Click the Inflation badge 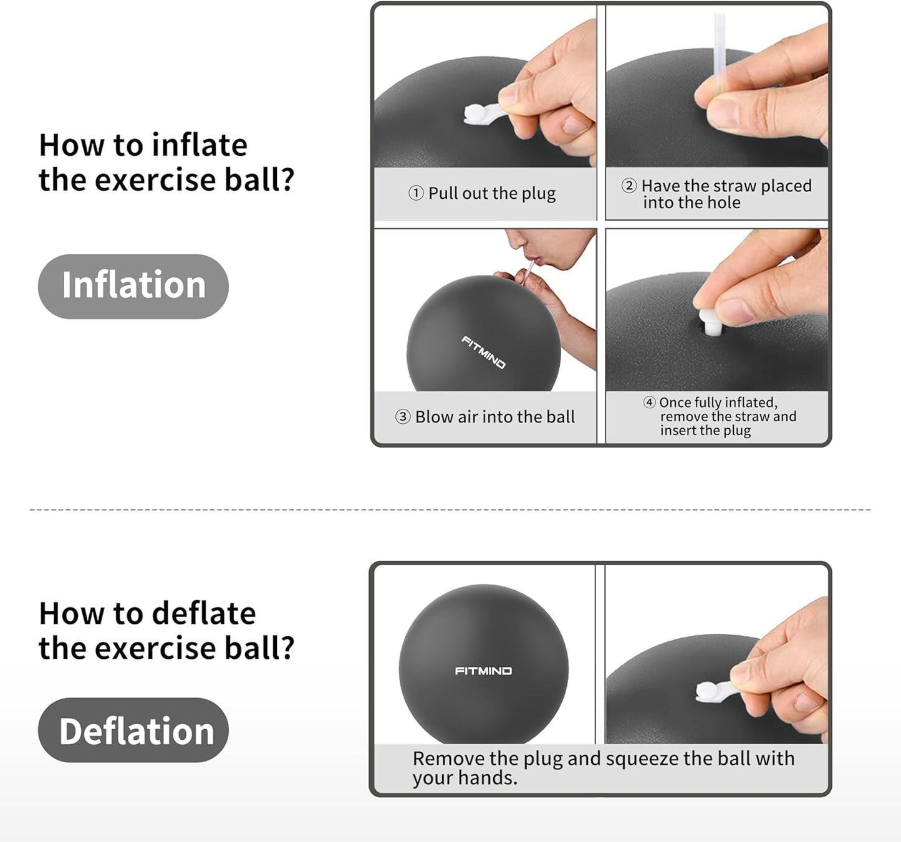pyautogui.click(x=133, y=286)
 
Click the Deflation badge pyautogui.click(x=133, y=730)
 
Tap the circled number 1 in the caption pyautogui.click(x=416, y=193)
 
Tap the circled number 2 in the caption pyautogui.click(x=629, y=186)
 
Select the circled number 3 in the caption pyautogui.click(x=403, y=417)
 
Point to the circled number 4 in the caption pyautogui.click(x=650, y=403)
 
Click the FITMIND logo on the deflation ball pyautogui.click(x=483, y=671)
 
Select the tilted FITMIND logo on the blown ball pyautogui.click(x=483, y=352)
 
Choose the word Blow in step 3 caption pyautogui.click(x=435, y=417)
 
